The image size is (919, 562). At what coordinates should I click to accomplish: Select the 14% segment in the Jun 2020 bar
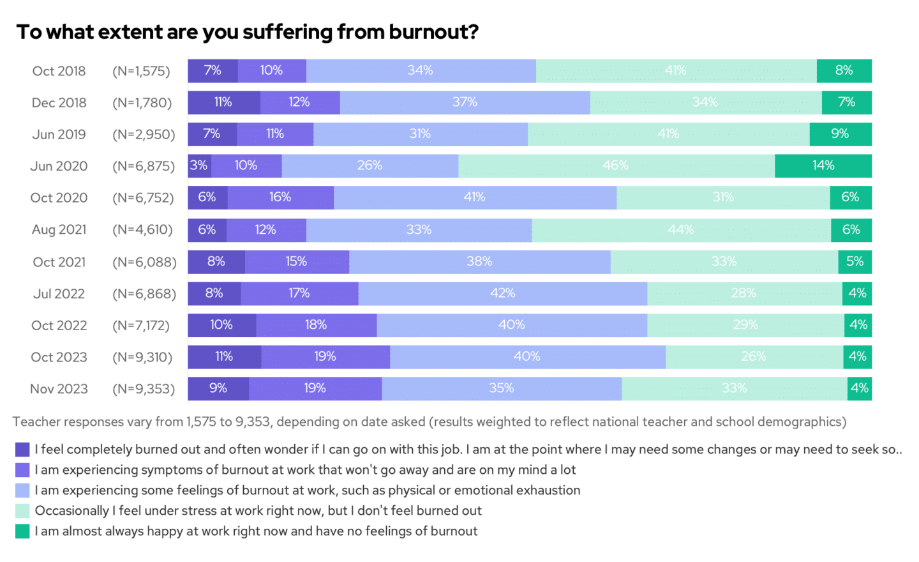823,166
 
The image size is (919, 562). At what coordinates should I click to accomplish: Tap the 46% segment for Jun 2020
616,166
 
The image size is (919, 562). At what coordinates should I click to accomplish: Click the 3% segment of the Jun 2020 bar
199,166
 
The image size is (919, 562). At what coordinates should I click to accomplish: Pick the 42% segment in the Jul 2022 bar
502,294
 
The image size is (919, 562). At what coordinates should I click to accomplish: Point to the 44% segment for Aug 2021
681,230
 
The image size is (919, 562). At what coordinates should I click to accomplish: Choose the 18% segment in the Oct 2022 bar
316,325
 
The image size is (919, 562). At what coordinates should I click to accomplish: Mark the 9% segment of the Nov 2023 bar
218,388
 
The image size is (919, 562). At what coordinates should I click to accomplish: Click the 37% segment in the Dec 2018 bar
465,102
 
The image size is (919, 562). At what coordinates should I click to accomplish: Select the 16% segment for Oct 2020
280,198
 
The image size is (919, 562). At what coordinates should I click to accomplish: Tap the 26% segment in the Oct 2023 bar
754,357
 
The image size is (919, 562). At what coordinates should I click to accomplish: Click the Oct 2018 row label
59,71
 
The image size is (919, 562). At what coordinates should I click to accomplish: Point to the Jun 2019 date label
59,134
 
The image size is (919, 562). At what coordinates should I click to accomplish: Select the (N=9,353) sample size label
144,389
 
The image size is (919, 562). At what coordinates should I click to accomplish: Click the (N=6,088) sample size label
144,262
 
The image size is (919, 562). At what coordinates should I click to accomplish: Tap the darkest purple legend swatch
22,450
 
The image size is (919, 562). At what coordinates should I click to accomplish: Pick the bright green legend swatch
22,531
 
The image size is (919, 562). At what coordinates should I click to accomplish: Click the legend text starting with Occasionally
258,511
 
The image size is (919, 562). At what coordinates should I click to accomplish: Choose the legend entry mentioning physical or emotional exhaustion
307,490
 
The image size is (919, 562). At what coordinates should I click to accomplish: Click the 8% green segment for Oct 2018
844,71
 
